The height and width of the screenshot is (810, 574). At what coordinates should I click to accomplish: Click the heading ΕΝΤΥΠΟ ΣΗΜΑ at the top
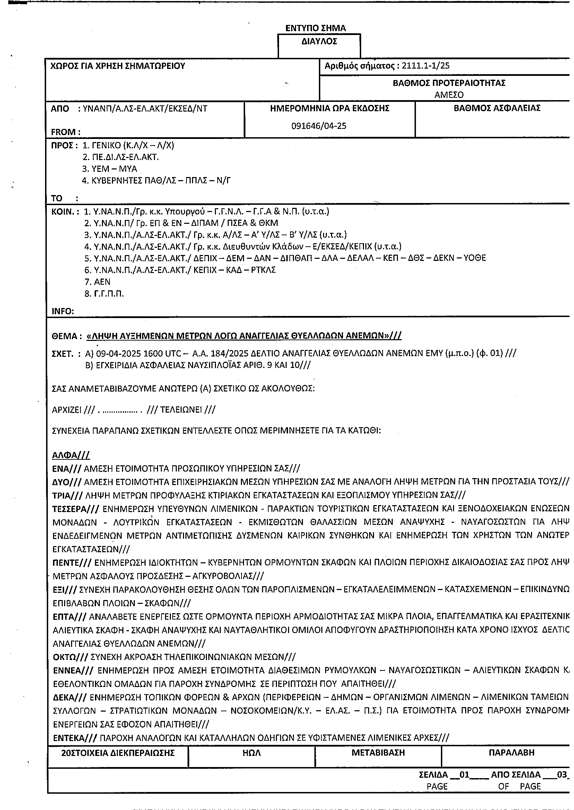(x=316, y=28)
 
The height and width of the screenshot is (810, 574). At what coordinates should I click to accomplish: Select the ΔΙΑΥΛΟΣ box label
(x=319, y=42)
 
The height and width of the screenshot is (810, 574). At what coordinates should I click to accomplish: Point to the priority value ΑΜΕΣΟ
(x=449, y=95)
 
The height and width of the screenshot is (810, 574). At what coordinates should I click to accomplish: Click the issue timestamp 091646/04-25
(x=319, y=126)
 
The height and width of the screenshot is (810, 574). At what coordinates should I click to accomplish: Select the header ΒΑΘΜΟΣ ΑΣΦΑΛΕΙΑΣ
(x=497, y=108)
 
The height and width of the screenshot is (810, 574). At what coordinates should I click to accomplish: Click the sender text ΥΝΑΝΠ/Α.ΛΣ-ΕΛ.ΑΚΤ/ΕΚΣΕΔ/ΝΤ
(x=145, y=108)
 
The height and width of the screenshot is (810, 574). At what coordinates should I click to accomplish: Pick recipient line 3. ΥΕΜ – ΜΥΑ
(x=110, y=169)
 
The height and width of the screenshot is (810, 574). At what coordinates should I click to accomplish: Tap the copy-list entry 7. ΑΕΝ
(x=97, y=282)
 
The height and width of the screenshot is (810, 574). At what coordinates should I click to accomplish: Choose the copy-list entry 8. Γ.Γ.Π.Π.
(x=104, y=294)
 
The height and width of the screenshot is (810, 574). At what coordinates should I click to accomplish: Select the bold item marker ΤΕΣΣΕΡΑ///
(x=76, y=509)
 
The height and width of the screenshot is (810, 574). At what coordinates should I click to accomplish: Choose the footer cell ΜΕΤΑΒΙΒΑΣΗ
(x=378, y=753)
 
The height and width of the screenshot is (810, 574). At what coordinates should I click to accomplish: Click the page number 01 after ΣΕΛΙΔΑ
(x=464, y=775)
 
